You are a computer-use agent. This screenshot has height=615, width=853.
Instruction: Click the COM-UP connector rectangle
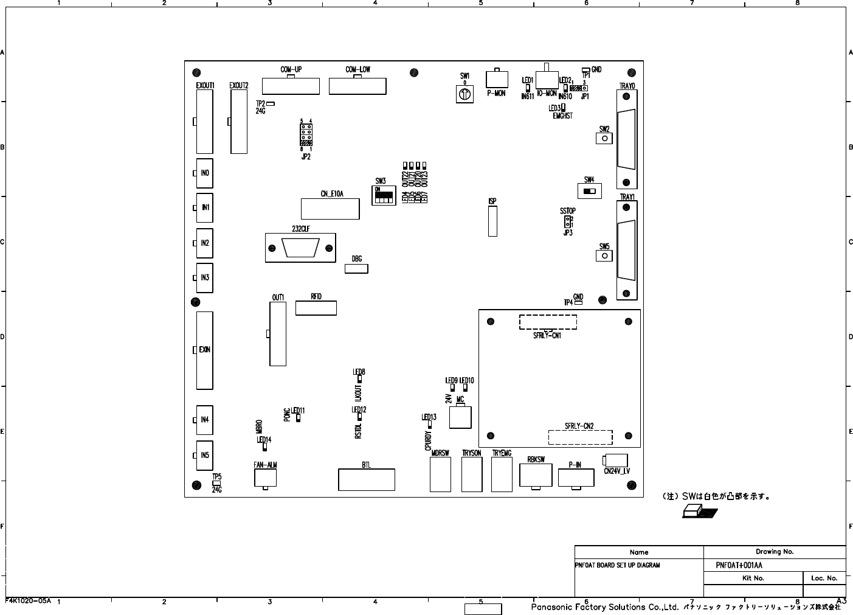coord(290,86)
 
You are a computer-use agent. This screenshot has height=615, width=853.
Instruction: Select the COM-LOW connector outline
coord(357,86)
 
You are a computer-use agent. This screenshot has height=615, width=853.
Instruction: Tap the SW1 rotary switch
coord(464,94)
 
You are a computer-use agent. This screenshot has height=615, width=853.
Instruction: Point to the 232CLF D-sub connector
coord(300,248)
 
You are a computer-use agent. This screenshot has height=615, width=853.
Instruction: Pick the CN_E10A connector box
coord(330,209)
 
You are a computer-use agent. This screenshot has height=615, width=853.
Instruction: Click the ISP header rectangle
coord(492,221)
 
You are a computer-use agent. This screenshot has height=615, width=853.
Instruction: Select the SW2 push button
coord(604,138)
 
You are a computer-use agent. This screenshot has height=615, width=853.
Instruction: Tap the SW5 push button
coord(604,255)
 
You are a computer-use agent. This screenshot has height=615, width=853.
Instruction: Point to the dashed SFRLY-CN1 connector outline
coord(547,322)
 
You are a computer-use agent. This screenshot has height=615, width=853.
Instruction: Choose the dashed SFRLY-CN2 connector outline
coord(580,437)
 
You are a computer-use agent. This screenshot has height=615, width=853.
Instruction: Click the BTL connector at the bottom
coord(366,479)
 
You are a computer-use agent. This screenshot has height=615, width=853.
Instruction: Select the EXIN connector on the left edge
coord(204,350)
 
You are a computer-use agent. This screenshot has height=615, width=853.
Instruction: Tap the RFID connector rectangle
coord(316,308)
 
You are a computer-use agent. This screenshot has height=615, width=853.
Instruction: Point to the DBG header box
coord(356,268)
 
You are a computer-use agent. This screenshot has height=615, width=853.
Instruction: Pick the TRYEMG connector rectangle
coord(502,474)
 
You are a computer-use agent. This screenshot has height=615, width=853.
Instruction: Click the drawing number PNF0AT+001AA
coord(739,565)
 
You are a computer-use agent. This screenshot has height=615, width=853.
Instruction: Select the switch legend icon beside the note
coord(699,512)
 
